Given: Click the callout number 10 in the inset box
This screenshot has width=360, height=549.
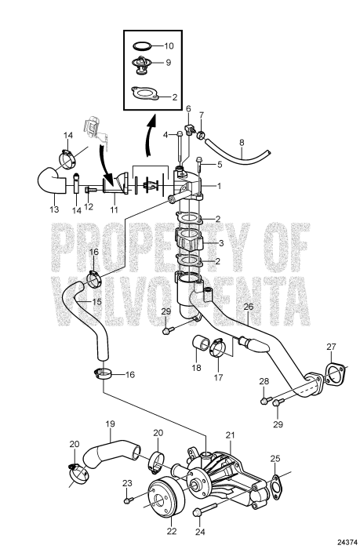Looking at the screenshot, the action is click(x=169, y=45).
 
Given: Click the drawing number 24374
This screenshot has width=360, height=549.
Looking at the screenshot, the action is click(x=347, y=542).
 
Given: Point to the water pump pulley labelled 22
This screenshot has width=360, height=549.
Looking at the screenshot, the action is click(x=164, y=496).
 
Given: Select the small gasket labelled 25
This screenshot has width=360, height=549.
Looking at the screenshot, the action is click(x=276, y=485).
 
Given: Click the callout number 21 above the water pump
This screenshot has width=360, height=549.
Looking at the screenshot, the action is click(x=230, y=435).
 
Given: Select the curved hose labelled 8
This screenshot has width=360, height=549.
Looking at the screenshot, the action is click(x=238, y=153).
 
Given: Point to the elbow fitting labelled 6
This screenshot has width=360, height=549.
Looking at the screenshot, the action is click(x=188, y=129).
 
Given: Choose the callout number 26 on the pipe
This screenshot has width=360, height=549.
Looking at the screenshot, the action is click(x=249, y=307).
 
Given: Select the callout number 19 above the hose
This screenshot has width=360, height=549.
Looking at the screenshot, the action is click(x=110, y=424).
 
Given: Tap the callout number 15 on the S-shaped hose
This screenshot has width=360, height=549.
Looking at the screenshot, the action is click(x=96, y=301).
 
